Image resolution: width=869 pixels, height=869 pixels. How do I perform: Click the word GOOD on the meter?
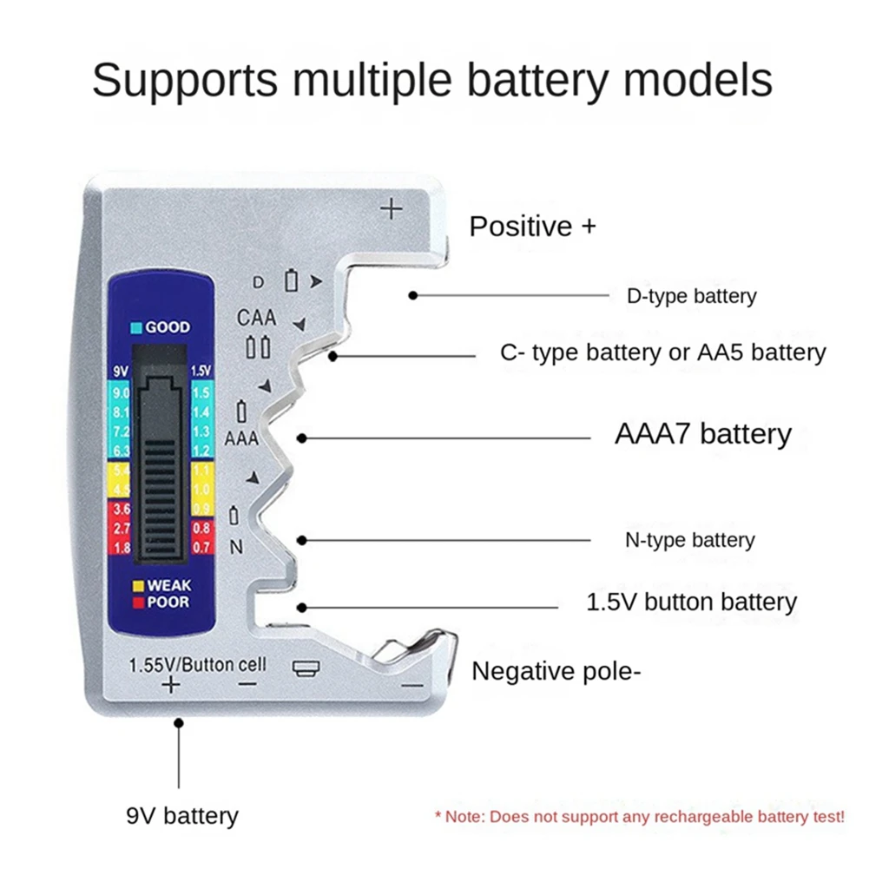[x=168, y=327]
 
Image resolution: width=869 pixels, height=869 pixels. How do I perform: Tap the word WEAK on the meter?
[x=168, y=585]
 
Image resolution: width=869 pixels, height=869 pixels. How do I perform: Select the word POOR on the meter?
[x=168, y=602]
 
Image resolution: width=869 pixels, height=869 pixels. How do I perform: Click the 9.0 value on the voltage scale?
[x=122, y=395]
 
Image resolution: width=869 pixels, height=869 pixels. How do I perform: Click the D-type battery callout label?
[x=691, y=296]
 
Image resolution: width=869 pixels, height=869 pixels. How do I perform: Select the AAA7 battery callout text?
[x=702, y=433]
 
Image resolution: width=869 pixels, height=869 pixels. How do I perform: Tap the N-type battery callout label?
[x=689, y=540]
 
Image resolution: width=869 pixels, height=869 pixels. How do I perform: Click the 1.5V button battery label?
[x=691, y=602]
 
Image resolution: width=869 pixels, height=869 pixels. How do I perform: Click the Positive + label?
[x=533, y=227]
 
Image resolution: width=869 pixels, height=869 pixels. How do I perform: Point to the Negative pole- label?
[x=556, y=671]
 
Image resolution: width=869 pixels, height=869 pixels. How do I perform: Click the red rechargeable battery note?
[x=639, y=817]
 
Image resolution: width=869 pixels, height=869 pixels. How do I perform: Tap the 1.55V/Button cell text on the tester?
[x=197, y=665]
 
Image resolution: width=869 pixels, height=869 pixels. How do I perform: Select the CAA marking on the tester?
[x=256, y=318]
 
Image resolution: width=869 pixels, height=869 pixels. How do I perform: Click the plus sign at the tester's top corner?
[x=392, y=209]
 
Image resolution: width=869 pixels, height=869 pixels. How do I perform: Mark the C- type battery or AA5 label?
[x=662, y=352]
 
